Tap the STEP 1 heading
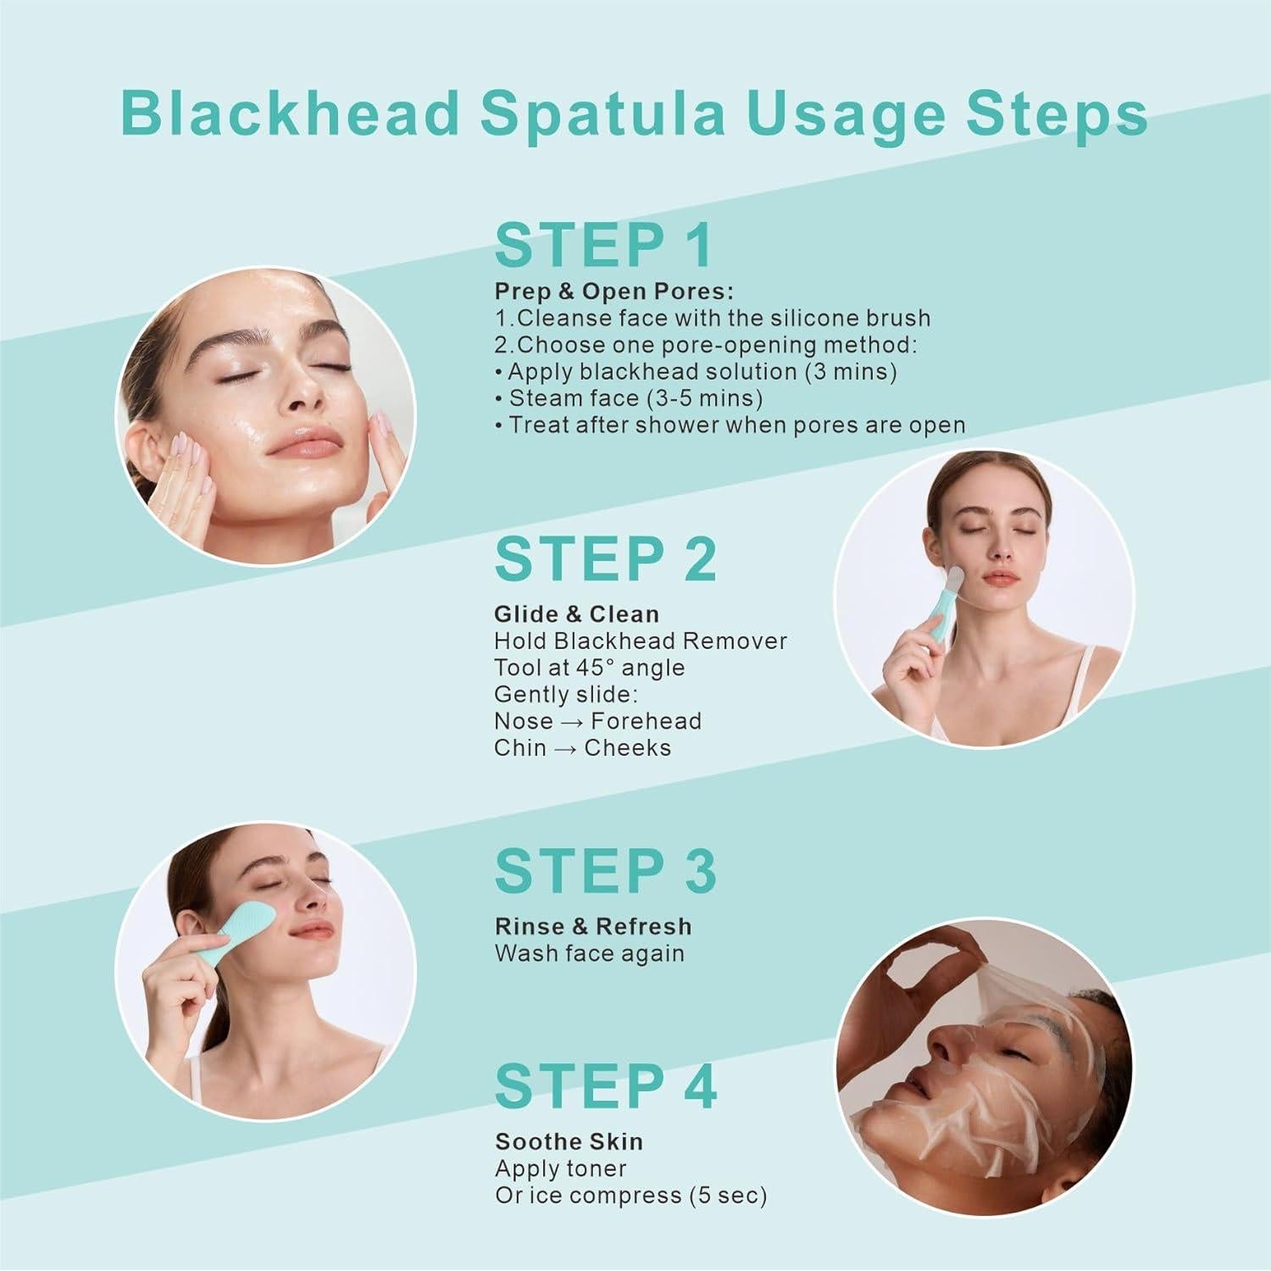click(x=603, y=247)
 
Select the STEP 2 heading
click(x=605, y=559)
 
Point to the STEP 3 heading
click(x=605, y=871)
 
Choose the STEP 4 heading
click(x=605, y=1086)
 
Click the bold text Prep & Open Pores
click(x=613, y=291)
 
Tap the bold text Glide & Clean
click(x=576, y=613)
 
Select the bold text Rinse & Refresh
click(x=593, y=926)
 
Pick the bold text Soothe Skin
click(x=569, y=1141)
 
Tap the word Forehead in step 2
click(x=647, y=722)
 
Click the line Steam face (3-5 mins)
click(x=635, y=398)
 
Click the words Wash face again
click(x=589, y=953)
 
